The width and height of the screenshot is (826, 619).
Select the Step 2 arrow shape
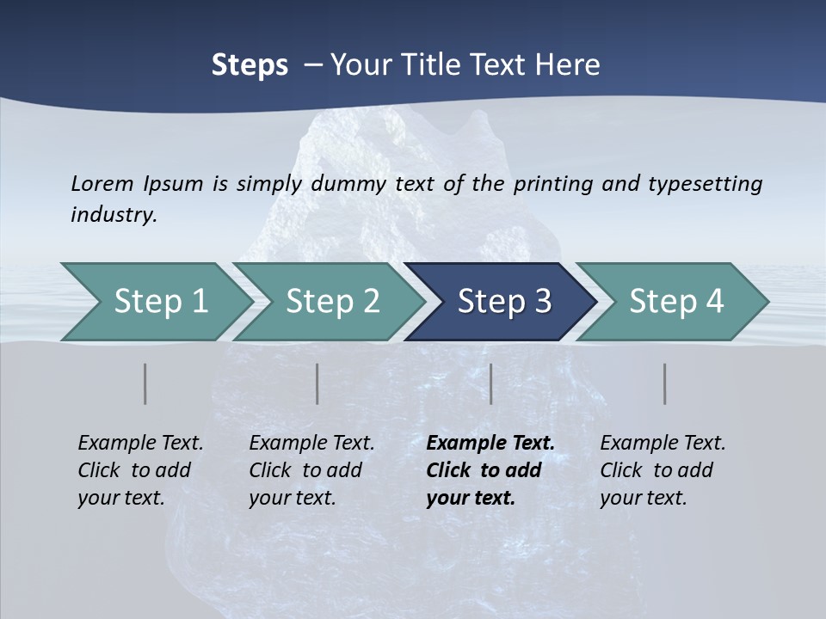pos(332,302)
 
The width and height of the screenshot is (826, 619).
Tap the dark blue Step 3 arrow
pos(503,302)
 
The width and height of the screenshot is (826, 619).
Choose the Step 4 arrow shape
pos(675,302)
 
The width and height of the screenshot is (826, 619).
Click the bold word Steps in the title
pos(250,65)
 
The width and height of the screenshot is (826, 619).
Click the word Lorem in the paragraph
pos(102,183)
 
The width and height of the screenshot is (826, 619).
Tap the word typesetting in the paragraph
pos(705,183)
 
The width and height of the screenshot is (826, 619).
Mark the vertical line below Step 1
pos(145,383)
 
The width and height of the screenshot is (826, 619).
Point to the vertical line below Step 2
pos(317,383)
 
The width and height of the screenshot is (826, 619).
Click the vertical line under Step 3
pos(491,383)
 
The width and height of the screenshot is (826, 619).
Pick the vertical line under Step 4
pos(665,383)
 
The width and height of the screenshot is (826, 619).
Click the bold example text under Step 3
pos(489,470)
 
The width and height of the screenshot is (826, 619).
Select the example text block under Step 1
pos(140,470)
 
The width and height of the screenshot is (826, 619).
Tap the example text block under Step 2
pos(311,470)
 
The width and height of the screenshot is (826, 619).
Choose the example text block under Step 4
pos(663,470)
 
